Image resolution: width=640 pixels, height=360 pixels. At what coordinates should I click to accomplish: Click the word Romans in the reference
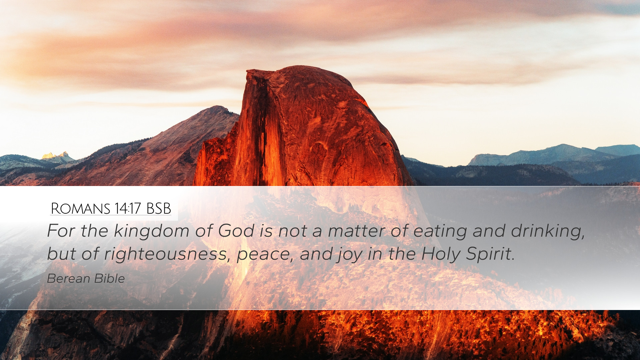coord(80,209)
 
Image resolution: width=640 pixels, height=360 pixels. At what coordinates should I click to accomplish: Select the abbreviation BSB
coord(159,209)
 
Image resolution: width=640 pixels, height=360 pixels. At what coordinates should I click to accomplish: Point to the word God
coord(236,231)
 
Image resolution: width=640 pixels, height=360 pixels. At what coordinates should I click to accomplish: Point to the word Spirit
coord(490,254)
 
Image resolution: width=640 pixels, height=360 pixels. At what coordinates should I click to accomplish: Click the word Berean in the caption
coord(69,279)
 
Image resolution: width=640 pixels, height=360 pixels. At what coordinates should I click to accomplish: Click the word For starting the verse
coord(61,231)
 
